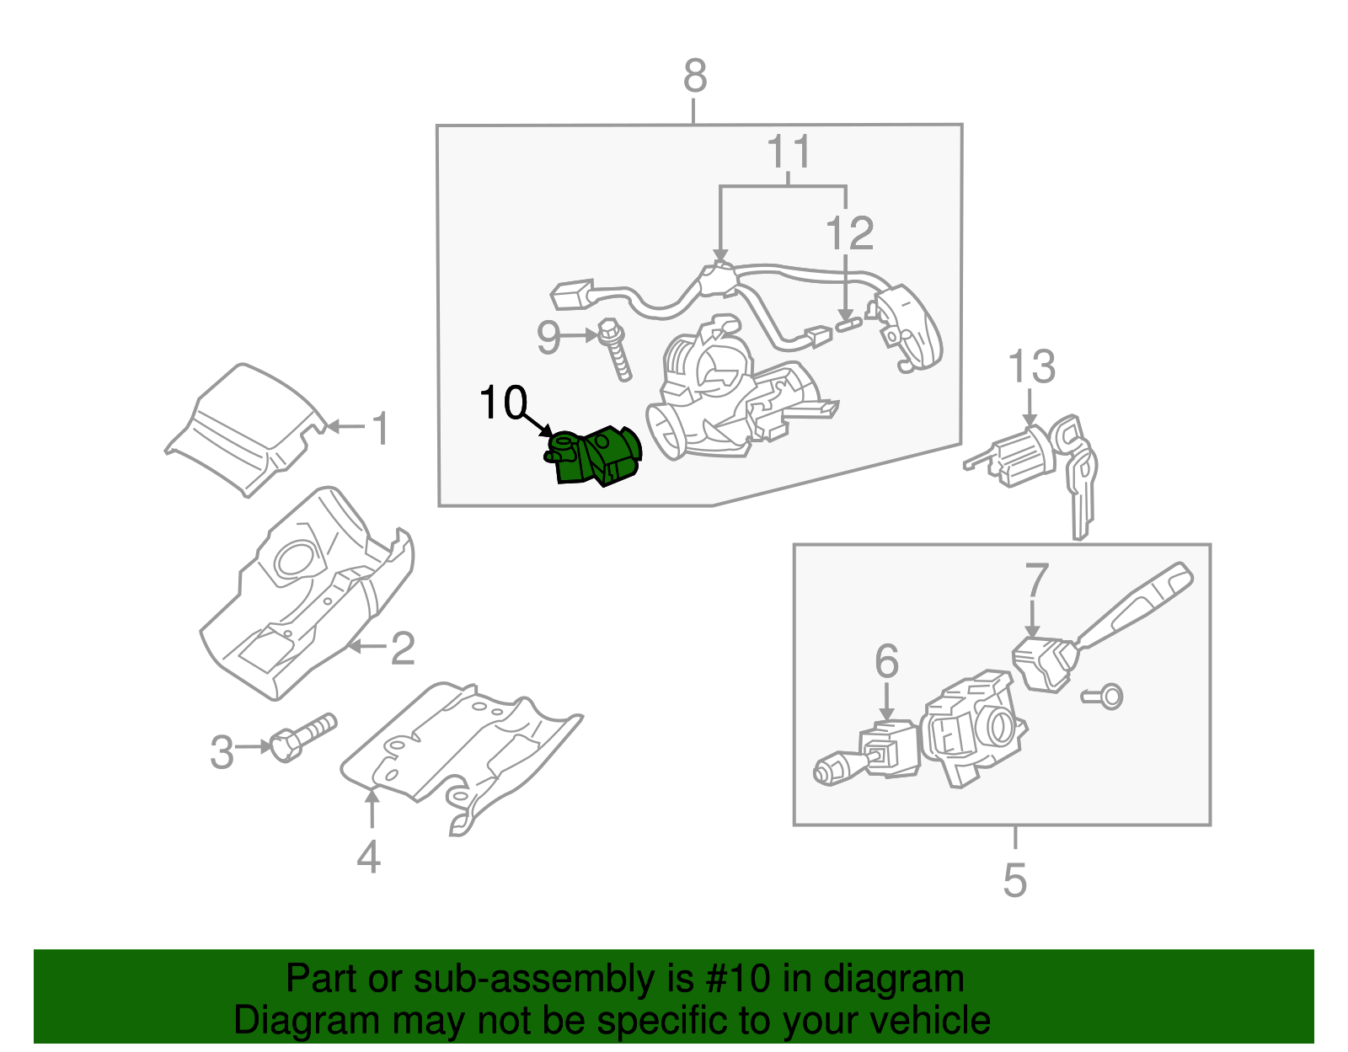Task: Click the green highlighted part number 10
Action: click(x=595, y=457)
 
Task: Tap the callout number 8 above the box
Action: click(x=694, y=77)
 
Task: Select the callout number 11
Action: click(x=789, y=152)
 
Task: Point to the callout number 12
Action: click(x=849, y=233)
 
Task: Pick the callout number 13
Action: click(x=1031, y=367)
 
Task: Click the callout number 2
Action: click(x=403, y=649)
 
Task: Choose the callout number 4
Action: click(x=369, y=857)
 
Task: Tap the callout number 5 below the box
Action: click(x=1015, y=880)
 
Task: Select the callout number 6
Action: click(x=886, y=662)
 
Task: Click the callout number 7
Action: click(x=1036, y=581)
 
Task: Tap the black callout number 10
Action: click(x=503, y=403)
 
